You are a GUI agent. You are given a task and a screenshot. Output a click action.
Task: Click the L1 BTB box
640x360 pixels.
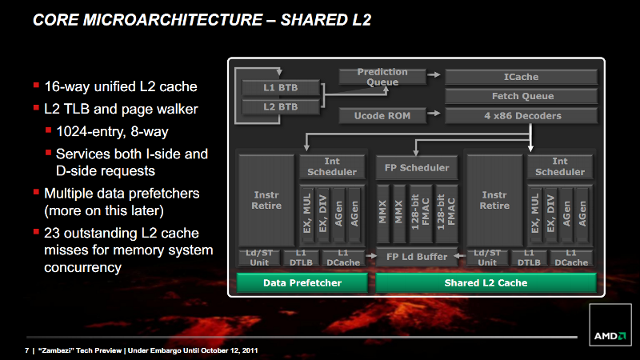tap(281, 87)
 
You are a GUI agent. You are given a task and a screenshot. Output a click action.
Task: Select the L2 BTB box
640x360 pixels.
tap(281, 107)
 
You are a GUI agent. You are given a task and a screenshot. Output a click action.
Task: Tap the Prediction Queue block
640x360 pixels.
tap(382, 77)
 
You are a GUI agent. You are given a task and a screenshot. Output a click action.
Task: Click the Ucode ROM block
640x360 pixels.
tap(382, 115)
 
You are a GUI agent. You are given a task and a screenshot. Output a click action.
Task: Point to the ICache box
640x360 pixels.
tap(522, 77)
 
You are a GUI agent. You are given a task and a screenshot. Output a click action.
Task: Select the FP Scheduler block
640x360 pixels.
tap(417, 167)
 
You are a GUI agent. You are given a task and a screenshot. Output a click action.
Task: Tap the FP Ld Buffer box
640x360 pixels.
tap(417, 257)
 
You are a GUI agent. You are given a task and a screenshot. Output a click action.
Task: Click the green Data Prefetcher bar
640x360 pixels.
tap(302, 283)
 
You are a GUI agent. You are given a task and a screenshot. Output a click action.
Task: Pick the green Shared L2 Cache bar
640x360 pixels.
tap(486, 283)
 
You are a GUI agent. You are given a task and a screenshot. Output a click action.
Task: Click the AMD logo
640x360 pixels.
tap(610, 336)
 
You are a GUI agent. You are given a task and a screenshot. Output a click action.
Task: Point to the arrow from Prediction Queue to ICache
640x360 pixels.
tap(434, 74)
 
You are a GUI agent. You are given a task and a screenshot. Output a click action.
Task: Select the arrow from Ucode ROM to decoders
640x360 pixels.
tap(434, 113)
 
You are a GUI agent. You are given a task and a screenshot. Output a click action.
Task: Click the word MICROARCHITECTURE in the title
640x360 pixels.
tap(173, 19)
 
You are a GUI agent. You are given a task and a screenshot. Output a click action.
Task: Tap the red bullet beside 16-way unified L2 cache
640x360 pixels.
tap(36, 85)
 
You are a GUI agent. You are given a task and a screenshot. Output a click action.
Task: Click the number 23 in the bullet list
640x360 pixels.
tap(52, 233)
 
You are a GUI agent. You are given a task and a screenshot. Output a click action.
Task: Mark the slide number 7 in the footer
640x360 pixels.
tap(27, 350)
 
